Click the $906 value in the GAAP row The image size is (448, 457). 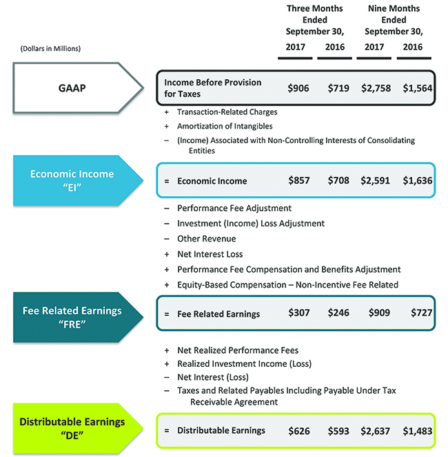[298, 88]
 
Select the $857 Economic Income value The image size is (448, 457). [298, 181]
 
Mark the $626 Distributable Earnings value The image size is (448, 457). [298, 431]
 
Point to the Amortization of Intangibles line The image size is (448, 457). [224, 126]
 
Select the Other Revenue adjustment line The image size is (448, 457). [206, 239]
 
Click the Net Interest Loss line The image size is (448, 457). [210, 254]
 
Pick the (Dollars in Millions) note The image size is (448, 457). [47, 48]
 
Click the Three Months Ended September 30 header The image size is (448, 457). [314, 20]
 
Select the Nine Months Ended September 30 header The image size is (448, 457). [394, 20]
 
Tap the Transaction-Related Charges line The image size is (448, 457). [227, 111]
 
